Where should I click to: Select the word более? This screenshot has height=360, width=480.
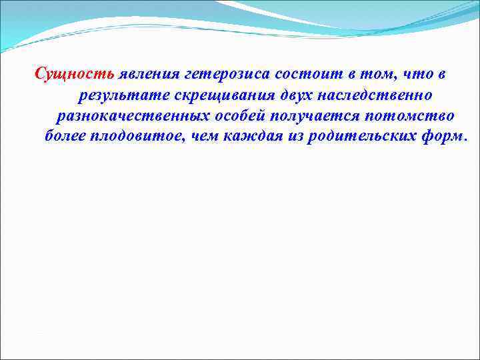pos(66,137)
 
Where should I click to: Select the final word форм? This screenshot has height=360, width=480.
pos(446,137)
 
